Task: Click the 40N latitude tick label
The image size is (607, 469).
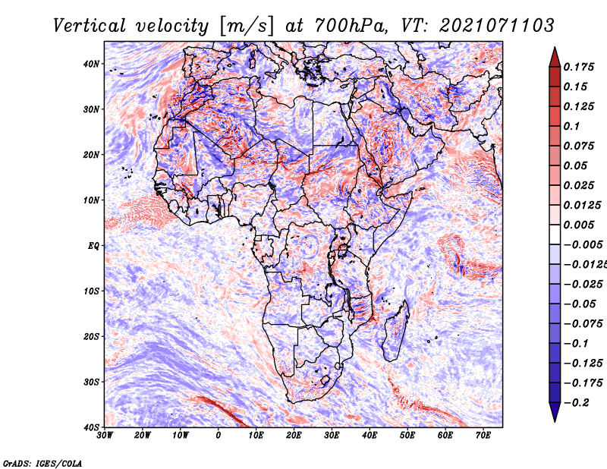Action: click(x=91, y=64)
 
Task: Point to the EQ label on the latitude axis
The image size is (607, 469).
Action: click(x=93, y=246)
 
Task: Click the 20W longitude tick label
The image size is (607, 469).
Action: click(x=143, y=436)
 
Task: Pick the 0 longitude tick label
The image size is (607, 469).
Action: click(x=219, y=436)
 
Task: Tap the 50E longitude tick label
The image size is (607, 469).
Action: click(x=407, y=436)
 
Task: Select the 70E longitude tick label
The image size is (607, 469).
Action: click(x=483, y=436)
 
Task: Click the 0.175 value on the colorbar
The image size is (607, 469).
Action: click(x=578, y=67)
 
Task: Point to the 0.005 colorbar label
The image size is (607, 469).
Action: click(x=578, y=225)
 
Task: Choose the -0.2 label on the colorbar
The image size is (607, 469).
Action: click(x=576, y=402)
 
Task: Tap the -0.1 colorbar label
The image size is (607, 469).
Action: click(x=576, y=343)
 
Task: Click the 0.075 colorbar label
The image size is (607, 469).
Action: click(x=578, y=146)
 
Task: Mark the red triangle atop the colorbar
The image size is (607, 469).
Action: click(x=555, y=58)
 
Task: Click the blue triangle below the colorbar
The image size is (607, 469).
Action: click(x=555, y=412)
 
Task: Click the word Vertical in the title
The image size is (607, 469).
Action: click(x=90, y=26)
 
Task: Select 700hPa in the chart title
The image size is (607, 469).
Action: click(x=351, y=26)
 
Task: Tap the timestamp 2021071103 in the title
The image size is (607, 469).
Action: click(x=497, y=26)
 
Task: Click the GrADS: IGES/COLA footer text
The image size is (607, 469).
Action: click(x=42, y=463)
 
